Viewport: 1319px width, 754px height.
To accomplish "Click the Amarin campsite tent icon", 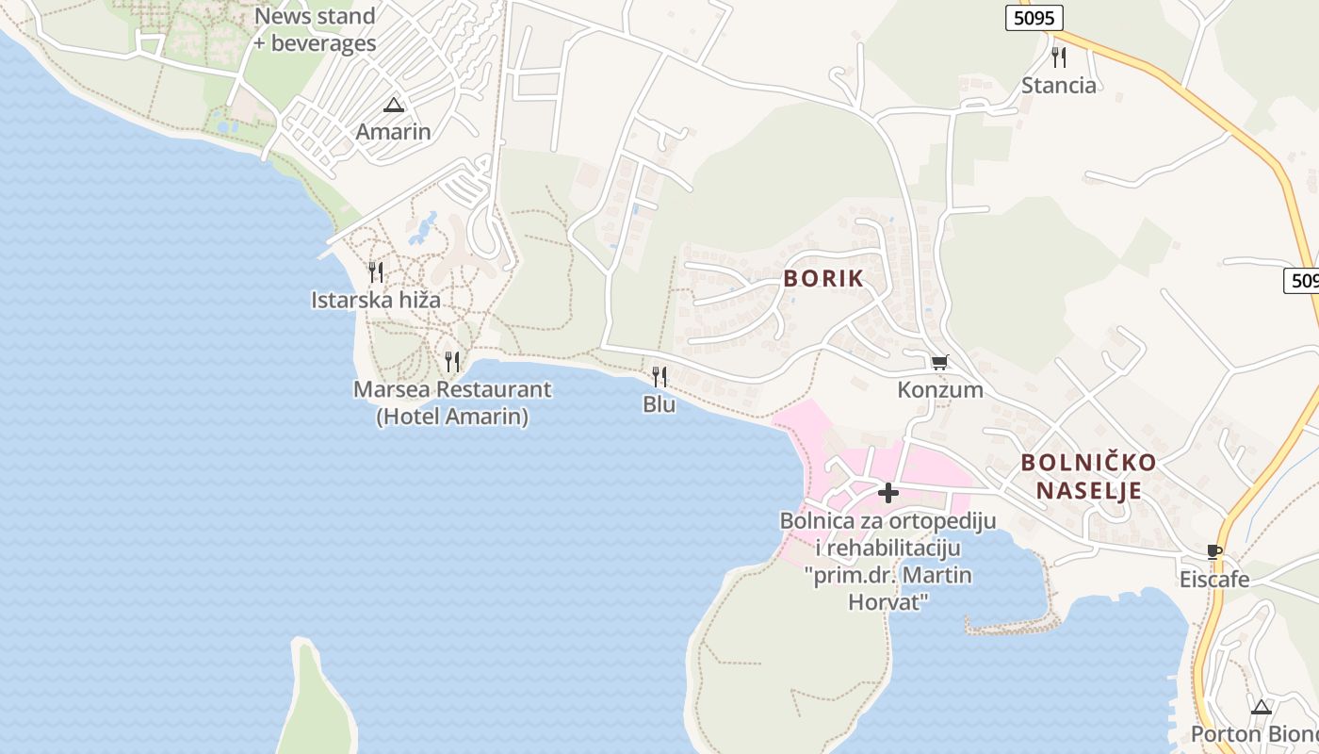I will coord(394,105).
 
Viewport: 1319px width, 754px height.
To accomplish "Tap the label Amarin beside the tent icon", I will coord(394,132).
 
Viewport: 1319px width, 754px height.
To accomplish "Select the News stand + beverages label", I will coord(315,29).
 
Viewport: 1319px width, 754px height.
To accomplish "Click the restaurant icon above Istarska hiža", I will coord(375,272).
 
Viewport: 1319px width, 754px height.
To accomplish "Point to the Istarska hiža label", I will coord(376,300).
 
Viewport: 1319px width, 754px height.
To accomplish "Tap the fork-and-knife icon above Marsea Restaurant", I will coord(452,361).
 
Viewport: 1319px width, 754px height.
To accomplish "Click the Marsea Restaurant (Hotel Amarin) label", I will coord(452,402).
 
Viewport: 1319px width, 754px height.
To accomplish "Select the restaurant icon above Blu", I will coord(659,377).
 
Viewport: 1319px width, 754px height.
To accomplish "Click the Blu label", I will coord(659,404).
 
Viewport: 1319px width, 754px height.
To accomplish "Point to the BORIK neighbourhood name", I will coord(823,279).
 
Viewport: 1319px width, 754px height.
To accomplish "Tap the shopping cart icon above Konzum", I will coord(939,362).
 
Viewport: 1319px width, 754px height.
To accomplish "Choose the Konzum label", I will coord(940,389).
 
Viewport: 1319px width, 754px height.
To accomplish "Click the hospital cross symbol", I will coord(887,492).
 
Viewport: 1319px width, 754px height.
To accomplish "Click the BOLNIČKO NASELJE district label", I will coord(1089,476).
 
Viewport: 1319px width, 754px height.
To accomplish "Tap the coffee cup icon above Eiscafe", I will coord(1214,551).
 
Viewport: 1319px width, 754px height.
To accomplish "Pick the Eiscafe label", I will coord(1214,579).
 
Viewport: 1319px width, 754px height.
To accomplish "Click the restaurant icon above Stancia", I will coord(1059,57).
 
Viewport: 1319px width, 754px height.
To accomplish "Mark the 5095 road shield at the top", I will coord(1034,18).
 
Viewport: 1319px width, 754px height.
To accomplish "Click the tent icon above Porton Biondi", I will coord(1261,707).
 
